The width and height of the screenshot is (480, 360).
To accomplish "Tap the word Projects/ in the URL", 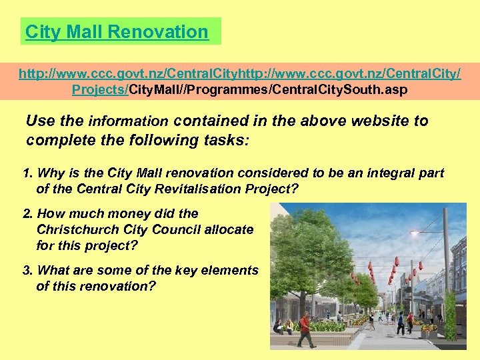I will [x=100, y=89].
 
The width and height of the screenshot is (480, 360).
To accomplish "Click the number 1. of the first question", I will [x=28, y=173].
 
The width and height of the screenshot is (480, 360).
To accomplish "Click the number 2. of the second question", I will [x=28, y=213].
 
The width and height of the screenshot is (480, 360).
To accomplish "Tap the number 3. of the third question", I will [x=28, y=270].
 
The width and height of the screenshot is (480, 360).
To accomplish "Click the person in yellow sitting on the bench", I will [x=288, y=325].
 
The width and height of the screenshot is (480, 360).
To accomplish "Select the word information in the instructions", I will [x=129, y=122].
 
